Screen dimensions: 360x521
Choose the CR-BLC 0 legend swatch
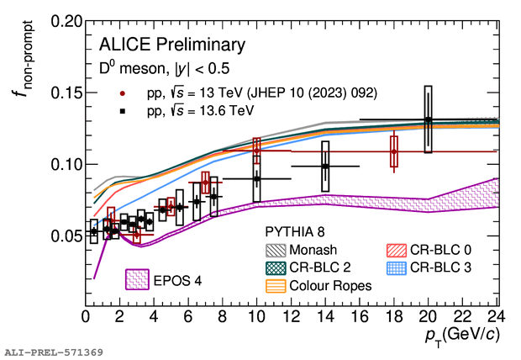coord(394,249)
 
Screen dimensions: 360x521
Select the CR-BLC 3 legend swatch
coord(394,267)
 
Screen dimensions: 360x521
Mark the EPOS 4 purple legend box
coord(138,278)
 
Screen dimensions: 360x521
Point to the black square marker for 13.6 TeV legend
coord(123,110)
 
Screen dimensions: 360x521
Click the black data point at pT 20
coord(428,119)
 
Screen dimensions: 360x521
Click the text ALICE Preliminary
coord(172,44)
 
